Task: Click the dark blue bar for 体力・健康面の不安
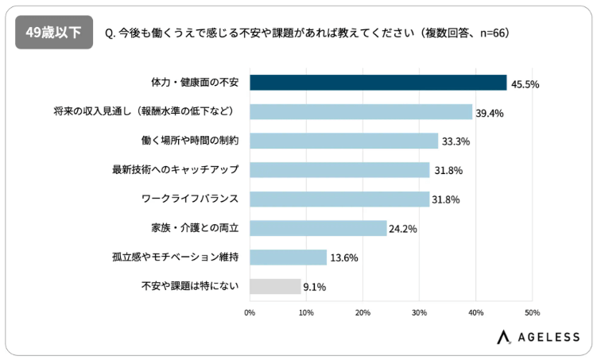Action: [378, 83]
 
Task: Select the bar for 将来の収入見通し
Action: [361, 112]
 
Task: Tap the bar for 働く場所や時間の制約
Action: [343, 141]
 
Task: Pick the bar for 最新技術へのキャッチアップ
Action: [339, 170]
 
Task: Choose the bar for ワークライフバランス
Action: [339, 199]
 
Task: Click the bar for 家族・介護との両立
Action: [318, 228]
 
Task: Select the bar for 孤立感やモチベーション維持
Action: [288, 257]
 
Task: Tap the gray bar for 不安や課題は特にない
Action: [275, 286]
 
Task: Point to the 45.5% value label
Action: [524, 84]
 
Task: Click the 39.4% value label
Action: [490, 113]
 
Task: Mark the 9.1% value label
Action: [315, 287]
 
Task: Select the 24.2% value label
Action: [403, 229]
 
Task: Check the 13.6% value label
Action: [343, 258]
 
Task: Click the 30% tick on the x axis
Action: [419, 312]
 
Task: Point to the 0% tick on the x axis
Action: [250, 312]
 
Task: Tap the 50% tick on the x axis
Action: [532, 312]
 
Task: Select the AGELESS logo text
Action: [549, 337]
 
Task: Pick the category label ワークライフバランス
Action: [196, 199]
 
